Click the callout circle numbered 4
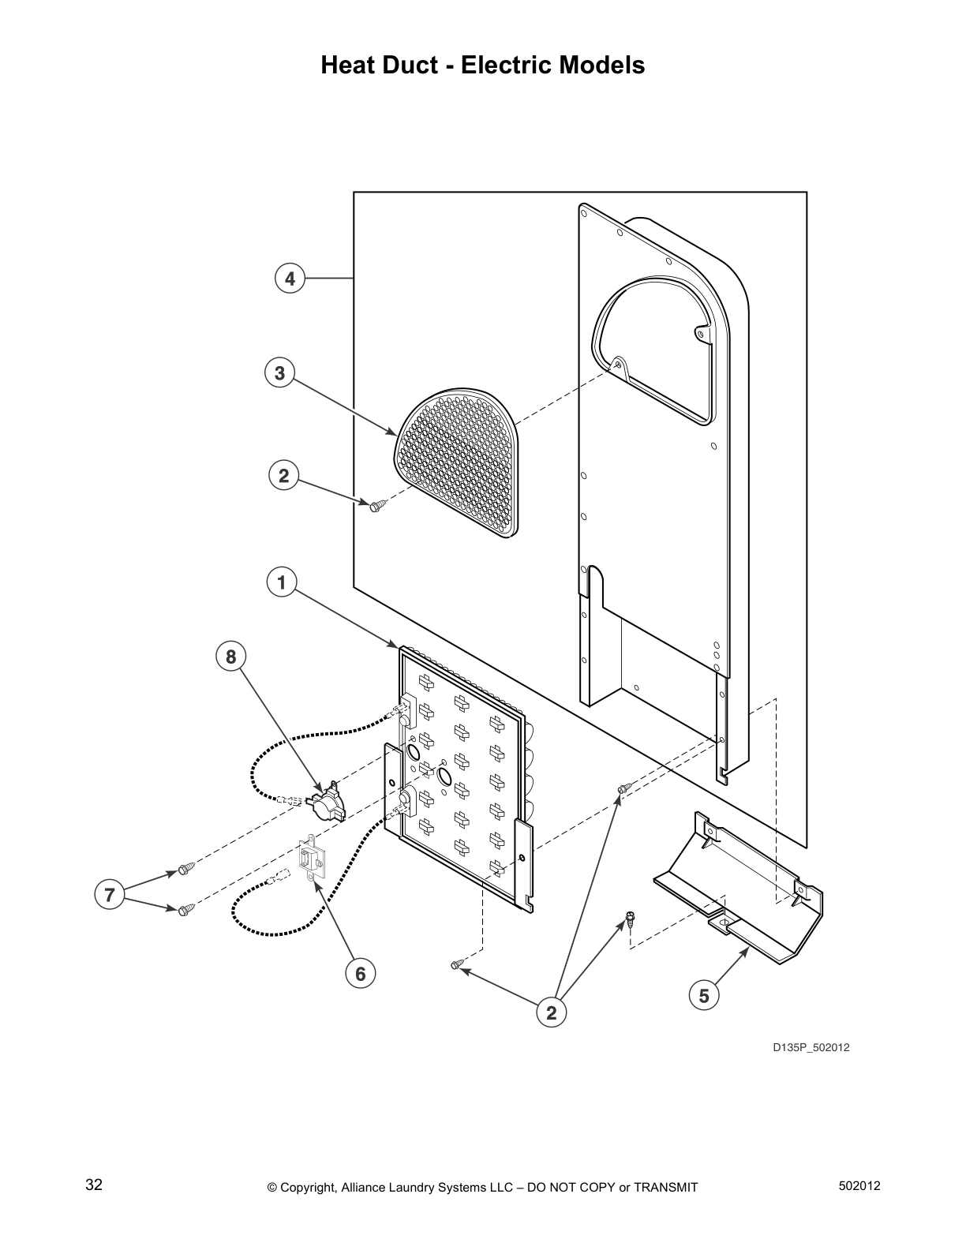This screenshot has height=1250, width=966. click(x=290, y=278)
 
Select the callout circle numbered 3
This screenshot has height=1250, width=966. click(x=279, y=372)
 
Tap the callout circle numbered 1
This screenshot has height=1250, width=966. click(x=281, y=583)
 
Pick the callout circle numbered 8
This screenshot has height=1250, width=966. click(x=230, y=657)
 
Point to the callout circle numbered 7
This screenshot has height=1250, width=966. click(x=109, y=895)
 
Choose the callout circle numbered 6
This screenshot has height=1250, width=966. click(x=360, y=974)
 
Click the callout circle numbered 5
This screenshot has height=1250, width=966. click(x=704, y=996)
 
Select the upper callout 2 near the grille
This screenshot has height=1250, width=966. click(x=283, y=476)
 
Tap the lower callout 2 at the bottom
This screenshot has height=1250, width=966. click(x=551, y=1012)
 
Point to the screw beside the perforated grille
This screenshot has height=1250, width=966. click(x=376, y=505)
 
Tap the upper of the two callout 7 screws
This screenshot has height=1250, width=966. click(x=186, y=869)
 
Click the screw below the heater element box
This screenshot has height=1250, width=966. click(x=457, y=964)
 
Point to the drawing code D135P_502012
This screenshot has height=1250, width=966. click(x=811, y=1047)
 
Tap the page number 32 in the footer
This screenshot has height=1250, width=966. click(x=94, y=1185)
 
